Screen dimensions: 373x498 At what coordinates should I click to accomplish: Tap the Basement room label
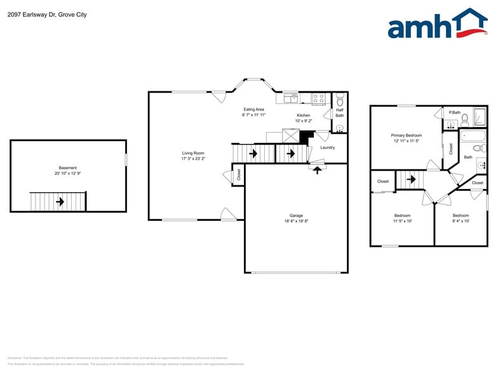point(68,168)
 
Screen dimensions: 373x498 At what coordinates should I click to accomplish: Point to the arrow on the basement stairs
point(60,202)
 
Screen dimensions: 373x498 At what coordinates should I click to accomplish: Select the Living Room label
point(193,153)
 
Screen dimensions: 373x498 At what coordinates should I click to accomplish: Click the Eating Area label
point(253,109)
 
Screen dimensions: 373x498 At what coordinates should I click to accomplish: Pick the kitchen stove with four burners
point(318,98)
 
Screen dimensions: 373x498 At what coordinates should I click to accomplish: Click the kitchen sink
point(291,98)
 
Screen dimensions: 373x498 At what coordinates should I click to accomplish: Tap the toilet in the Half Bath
point(340,100)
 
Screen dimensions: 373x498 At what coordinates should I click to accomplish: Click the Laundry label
point(327,148)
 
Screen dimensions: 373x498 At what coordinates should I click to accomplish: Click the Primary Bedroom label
point(406,135)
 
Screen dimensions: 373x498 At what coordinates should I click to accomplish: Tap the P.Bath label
point(455,112)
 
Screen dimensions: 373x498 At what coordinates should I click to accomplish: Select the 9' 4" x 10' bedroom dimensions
point(461,221)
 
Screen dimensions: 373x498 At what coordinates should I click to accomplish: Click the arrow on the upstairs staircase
point(412,180)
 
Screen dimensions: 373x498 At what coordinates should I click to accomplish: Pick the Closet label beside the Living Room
point(238,174)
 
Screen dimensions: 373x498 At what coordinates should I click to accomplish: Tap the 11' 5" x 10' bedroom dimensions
point(402,221)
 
